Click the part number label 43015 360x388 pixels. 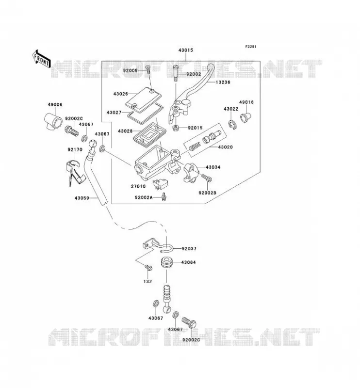click(186, 50)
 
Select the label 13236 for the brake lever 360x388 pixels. click(223, 82)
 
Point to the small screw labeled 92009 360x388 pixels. click(148, 69)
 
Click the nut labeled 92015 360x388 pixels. click(176, 128)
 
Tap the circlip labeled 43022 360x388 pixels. click(232, 125)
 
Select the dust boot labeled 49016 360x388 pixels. click(245, 117)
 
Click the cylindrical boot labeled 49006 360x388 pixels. click(53, 121)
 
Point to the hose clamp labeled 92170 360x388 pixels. click(74, 173)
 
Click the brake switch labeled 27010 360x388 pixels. click(161, 184)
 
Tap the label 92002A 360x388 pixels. click(144, 197)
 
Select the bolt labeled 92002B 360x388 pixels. click(207, 178)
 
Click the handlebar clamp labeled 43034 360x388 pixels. click(191, 173)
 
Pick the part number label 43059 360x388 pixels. click(82, 198)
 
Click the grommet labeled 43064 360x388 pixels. click(166, 262)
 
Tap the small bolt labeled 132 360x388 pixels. click(148, 268)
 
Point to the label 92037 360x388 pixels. click(189, 249)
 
